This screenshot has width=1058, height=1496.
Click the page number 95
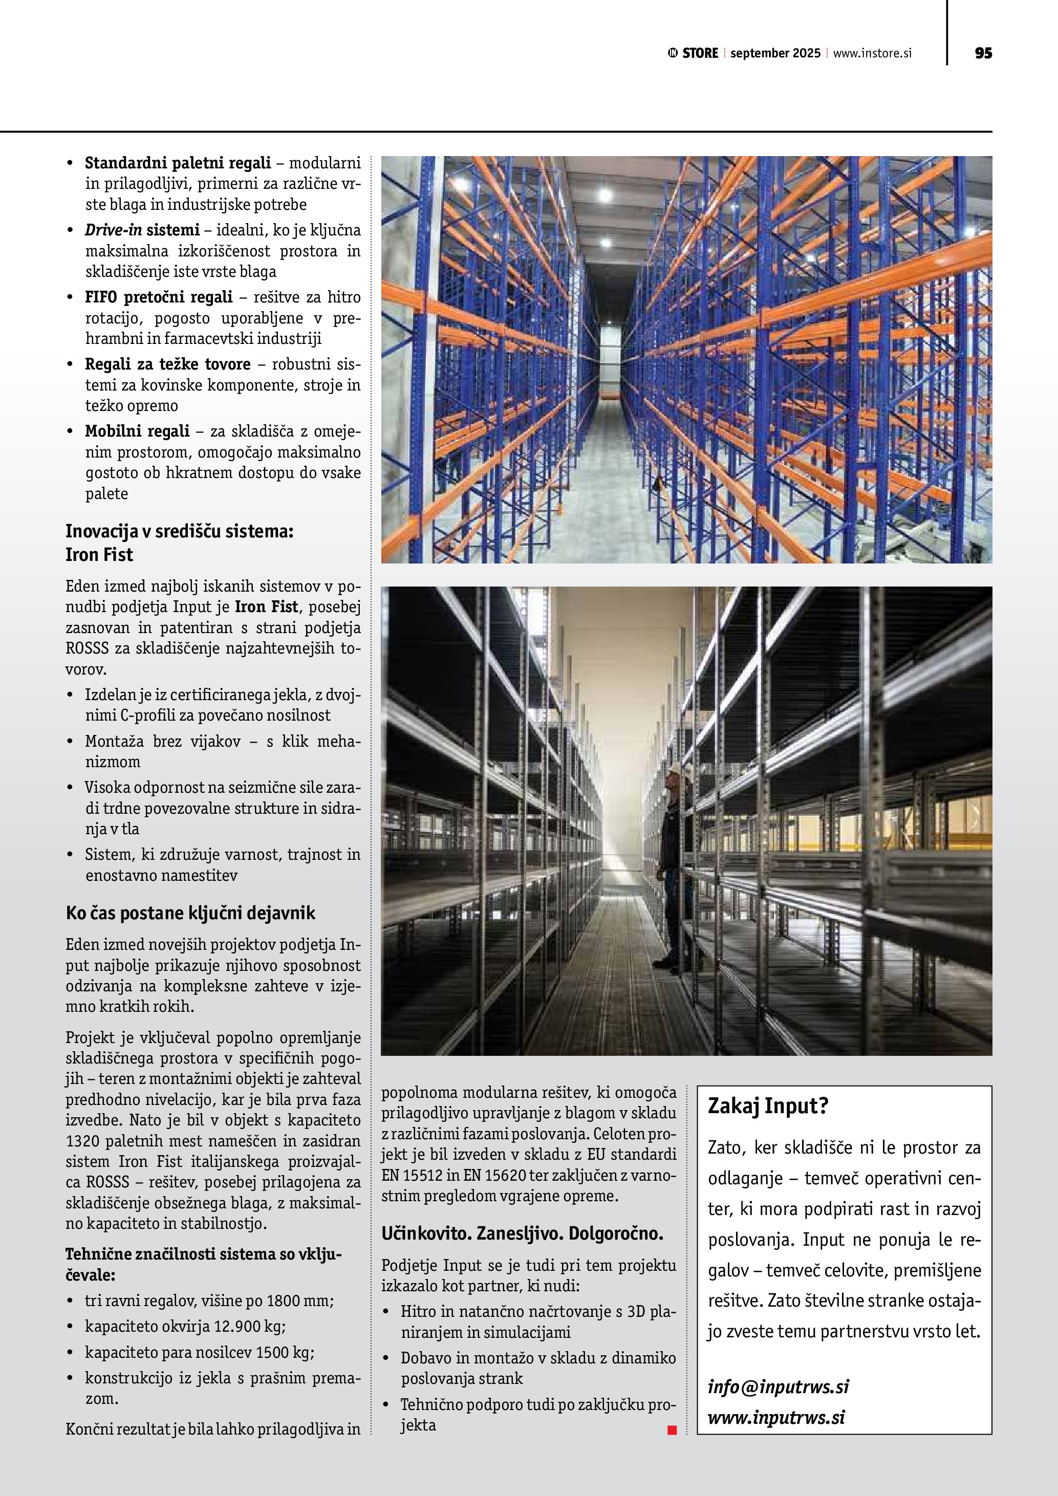983,53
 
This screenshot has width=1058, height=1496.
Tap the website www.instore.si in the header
872,53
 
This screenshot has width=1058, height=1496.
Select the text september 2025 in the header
775,53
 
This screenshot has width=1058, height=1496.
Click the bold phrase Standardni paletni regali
178,162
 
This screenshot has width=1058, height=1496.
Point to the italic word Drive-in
113,230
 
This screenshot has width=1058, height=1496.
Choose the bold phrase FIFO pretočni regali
158,297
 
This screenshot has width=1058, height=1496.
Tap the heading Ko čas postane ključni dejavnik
190,913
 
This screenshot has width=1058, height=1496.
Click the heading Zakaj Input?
767,1105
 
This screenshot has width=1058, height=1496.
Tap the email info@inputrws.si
778,1386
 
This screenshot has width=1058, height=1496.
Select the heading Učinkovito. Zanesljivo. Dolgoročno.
522,1233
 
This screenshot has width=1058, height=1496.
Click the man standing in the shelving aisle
671,866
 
